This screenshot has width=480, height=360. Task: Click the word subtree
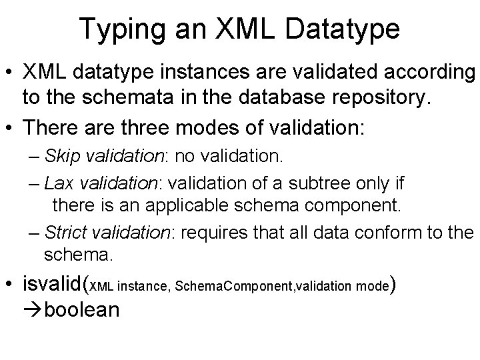coord(324,182)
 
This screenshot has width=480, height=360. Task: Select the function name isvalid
coord(53,285)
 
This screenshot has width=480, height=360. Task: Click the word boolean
coord(83,311)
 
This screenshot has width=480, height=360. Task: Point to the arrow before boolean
coord(32,311)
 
